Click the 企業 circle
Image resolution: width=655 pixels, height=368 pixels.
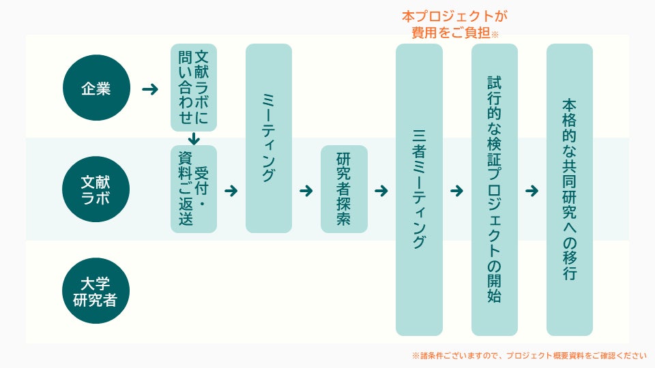(96, 88)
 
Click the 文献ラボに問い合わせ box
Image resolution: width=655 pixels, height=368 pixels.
(194, 87)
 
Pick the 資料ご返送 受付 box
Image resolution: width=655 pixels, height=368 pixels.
(194, 189)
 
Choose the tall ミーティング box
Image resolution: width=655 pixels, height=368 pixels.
(269, 138)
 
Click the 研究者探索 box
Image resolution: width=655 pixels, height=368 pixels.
(344, 189)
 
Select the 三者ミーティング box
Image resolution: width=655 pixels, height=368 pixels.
(419, 189)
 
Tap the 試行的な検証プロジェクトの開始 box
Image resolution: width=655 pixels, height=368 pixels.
(494, 189)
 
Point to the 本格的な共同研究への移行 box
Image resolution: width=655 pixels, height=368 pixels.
(569, 189)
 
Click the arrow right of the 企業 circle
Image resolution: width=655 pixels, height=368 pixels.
(149, 89)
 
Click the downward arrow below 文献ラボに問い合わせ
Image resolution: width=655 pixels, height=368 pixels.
(194, 138)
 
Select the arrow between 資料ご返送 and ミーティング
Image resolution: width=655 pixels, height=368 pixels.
(231, 191)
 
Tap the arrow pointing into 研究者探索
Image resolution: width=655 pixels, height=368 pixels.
(306, 191)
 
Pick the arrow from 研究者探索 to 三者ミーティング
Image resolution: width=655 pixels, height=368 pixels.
(381, 191)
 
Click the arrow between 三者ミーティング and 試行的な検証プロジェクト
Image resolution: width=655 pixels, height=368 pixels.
(456, 191)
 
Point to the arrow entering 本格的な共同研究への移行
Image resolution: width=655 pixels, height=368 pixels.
(532, 191)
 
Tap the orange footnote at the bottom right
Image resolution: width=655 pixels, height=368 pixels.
(529, 355)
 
